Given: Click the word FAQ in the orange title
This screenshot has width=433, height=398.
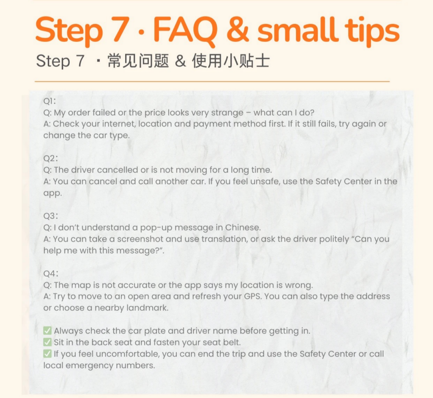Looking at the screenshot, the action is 185,30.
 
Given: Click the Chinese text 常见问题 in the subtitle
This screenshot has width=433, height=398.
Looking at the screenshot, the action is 138,61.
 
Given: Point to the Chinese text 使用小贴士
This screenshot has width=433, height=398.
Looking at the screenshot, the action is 231,61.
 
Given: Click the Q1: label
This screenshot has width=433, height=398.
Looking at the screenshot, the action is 49,101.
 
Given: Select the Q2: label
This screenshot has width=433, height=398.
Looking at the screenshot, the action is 51,158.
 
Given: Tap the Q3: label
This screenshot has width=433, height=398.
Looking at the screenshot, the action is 51,216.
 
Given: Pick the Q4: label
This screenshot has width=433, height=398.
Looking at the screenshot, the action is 51,274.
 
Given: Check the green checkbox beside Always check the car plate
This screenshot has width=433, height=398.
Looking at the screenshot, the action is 47,331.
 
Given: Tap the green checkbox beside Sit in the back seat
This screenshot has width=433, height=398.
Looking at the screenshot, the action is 47,343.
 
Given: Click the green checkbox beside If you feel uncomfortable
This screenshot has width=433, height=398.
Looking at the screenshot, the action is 47,354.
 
